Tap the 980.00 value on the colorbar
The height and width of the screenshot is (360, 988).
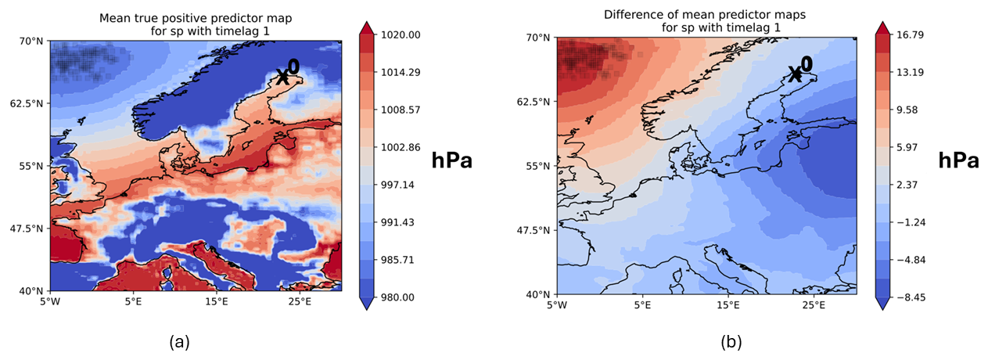pos(401,297)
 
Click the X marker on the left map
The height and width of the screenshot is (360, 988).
pos(283,77)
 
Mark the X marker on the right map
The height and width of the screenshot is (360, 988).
pos(795,74)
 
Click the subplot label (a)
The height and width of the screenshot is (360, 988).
pos(180,341)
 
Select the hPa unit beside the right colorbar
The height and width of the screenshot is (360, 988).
pos(958,161)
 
